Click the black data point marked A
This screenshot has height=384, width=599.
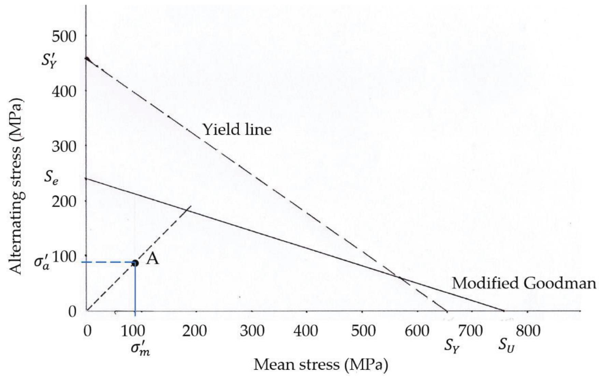coord(135,263)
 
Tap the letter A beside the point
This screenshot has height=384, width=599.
coord(152,259)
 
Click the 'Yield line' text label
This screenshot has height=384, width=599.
coord(237,130)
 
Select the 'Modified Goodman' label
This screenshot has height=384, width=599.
coord(524,284)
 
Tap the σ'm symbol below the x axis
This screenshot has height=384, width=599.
coord(140,348)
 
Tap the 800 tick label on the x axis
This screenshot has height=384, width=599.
coord(528,331)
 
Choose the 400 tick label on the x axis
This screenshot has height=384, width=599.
coord(306,331)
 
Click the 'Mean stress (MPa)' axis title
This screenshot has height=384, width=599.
coord(320,365)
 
